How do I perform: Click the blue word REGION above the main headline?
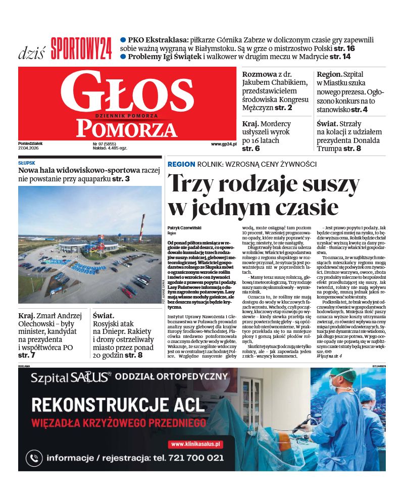point(181,164)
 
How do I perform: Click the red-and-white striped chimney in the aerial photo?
point(142,227)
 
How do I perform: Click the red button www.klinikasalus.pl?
point(195,444)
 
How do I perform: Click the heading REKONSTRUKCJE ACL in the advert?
point(118,404)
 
